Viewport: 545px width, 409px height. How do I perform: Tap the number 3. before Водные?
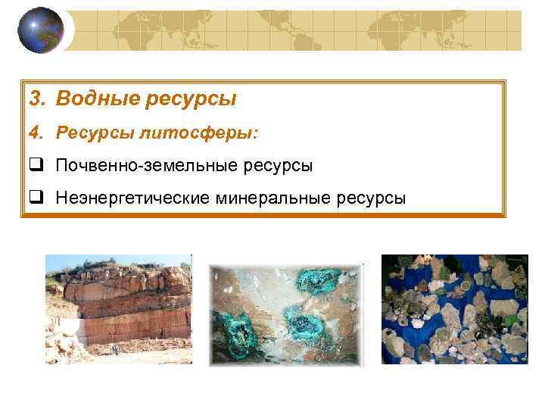[38, 98]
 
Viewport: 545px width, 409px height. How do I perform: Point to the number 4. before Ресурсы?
[38, 133]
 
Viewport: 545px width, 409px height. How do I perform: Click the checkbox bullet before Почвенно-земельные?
[36, 165]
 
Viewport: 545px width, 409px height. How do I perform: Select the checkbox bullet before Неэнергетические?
[36, 198]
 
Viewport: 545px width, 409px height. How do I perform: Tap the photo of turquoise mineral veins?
[286, 314]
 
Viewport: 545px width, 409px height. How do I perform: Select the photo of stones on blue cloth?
[454, 309]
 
